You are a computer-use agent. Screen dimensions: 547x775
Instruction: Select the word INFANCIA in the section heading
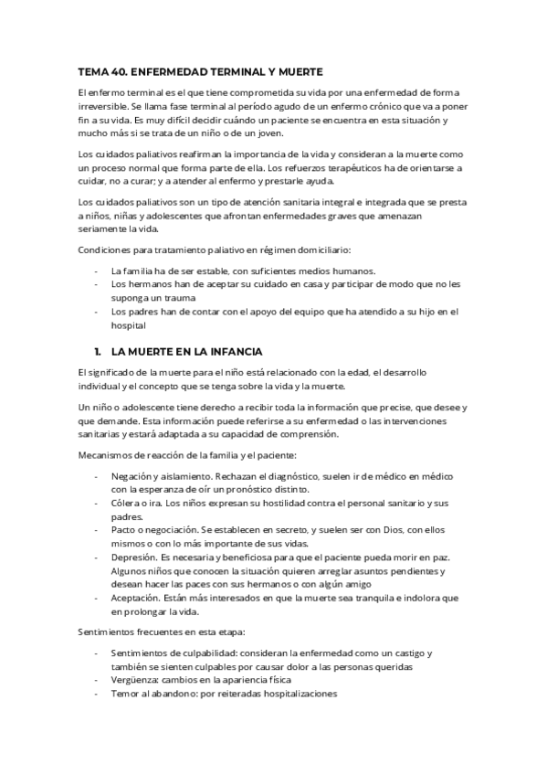[232, 351]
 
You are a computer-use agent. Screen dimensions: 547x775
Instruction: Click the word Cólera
[127, 504]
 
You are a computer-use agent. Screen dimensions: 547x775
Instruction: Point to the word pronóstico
[240, 490]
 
